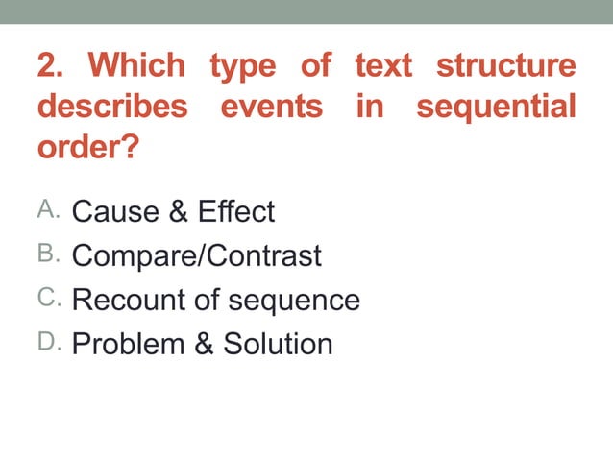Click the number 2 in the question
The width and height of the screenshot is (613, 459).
[x=51, y=66]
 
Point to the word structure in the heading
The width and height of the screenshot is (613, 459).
[x=505, y=66]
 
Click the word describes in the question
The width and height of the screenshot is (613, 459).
[x=112, y=107]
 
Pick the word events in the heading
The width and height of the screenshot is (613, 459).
[x=272, y=107]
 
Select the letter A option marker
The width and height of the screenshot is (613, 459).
[x=48, y=209]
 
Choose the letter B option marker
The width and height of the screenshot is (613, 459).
[x=48, y=254]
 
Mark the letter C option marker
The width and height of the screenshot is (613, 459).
[x=48, y=298]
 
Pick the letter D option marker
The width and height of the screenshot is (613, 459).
[x=48, y=342]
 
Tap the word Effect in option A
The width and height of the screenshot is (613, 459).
[x=236, y=211]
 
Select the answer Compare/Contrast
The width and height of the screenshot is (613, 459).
[x=197, y=255]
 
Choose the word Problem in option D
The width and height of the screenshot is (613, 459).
[x=129, y=344]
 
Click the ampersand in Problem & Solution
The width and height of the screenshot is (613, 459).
[x=204, y=344]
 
